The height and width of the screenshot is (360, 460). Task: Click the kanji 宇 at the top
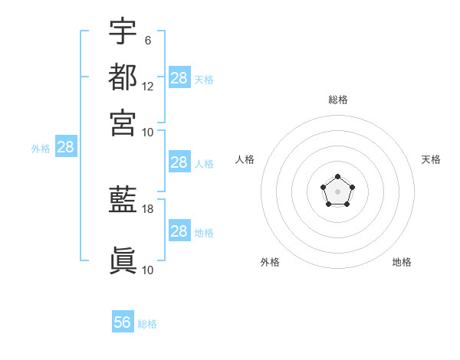point(123,31)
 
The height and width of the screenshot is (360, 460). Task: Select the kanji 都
point(123,77)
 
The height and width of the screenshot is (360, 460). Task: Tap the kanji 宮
point(123,123)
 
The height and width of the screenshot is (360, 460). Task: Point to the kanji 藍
point(123,199)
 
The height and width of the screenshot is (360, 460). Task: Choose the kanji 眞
point(123,260)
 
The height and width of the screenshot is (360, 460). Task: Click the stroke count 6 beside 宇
point(148,41)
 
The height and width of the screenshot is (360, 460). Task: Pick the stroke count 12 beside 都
point(147,87)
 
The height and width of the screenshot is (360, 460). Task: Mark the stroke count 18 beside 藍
point(147,209)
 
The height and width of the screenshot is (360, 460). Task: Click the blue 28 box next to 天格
point(179,77)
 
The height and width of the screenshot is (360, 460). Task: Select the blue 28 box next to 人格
point(179,162)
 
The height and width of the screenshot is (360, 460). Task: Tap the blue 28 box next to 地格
point(179,230)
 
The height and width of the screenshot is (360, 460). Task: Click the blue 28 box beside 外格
point(66,146)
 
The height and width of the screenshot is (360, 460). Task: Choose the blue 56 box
point(123,321)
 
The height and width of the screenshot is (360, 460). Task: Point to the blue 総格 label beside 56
point(147,324)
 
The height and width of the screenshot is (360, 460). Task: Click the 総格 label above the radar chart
point(338,100)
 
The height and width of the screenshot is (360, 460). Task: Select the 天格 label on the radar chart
point(431,159)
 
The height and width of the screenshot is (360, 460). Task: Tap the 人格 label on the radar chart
point(245,159)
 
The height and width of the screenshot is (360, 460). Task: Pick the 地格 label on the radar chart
point(402,262)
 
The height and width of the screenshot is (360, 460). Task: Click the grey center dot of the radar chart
point(337,191)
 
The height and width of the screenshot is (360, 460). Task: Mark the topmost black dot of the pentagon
point(338,177)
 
